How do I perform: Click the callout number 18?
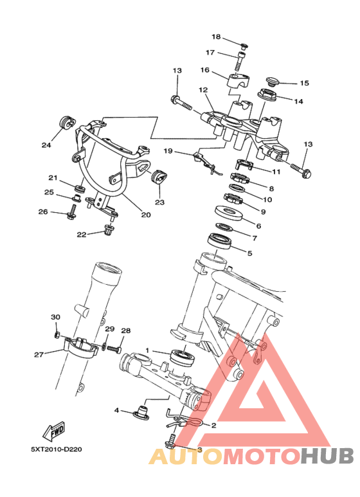216,37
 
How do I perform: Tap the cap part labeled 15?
271,80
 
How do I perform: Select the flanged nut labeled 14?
267,94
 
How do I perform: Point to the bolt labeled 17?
239,62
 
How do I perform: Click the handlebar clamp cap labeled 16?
238,80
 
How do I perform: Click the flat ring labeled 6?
229,213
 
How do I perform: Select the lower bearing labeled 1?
183,357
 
